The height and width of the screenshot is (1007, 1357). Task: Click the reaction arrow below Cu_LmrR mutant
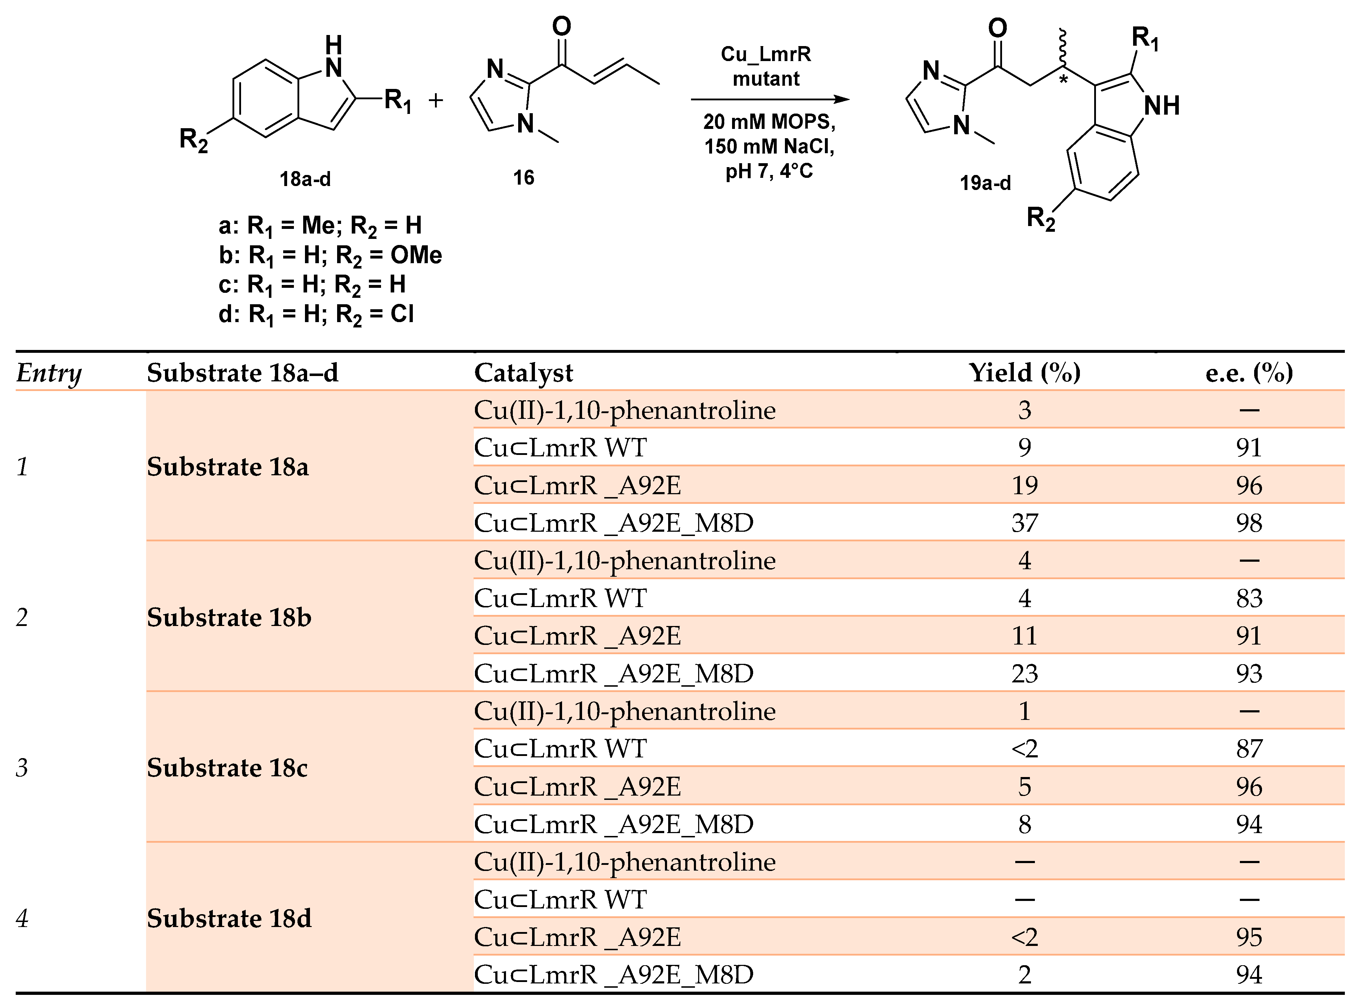click(x=769, y=99)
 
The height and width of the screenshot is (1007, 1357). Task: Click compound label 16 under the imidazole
click(x=523, y=178)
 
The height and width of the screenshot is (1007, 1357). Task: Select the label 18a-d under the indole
click(x=305, y=179)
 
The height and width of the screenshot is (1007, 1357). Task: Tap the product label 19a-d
click(x=985, y=183)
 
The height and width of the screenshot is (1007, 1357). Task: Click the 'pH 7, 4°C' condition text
click(x=769, y=171)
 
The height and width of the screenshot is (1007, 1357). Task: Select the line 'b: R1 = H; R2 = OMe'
click(x=330, y=255)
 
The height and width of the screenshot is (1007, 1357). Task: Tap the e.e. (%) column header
click(x=1249, y=372)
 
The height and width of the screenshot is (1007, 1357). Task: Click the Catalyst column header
click(x=524, y=372)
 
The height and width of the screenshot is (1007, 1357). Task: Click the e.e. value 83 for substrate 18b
click(x=1249, y=598)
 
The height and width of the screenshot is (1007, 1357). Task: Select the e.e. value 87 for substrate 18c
click(x=1249, y=748)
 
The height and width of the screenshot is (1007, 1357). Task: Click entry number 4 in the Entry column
click(x=22, y=918)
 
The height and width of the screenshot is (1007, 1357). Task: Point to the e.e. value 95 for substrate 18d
click(x=1249, y=937)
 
